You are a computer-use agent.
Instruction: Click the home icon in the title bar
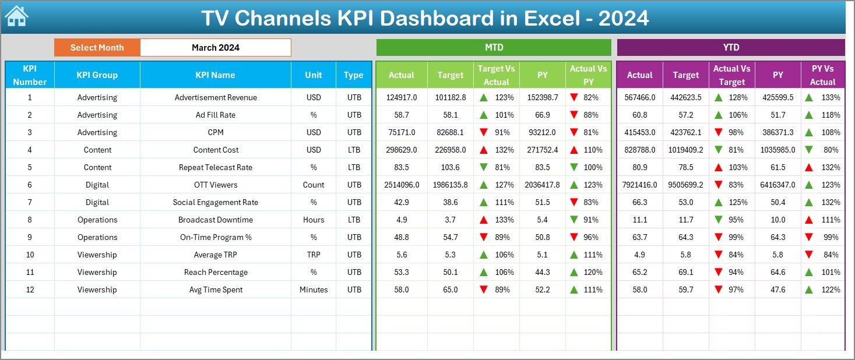click(16, 17)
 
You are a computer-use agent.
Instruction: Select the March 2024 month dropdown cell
click(216, 48)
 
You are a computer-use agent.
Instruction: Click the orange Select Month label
click(97, 48)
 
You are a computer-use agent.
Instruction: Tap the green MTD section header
click(494, 47)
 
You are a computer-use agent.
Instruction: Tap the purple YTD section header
click(731, 47)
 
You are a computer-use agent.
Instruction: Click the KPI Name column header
click(215, 75)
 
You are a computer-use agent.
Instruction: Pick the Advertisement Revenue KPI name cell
click(215, 97)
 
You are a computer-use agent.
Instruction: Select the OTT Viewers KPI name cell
click(215, 185)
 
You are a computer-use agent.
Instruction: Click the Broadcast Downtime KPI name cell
click(215, 220)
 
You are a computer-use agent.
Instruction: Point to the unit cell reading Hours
click(314, 220)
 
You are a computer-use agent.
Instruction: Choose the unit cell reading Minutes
click(314, 290)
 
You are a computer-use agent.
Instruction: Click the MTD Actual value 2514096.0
click(402, 185)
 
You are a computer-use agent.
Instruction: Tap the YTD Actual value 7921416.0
click(639, 185)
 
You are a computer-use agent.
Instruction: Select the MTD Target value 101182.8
click(450, 97)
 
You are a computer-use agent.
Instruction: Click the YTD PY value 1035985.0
click(778, 150)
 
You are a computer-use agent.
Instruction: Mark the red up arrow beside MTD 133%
click(484, 220)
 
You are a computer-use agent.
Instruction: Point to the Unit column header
click(314, 75)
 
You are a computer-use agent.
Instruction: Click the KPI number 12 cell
click(30, 290)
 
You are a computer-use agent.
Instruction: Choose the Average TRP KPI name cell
click(215, 255)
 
